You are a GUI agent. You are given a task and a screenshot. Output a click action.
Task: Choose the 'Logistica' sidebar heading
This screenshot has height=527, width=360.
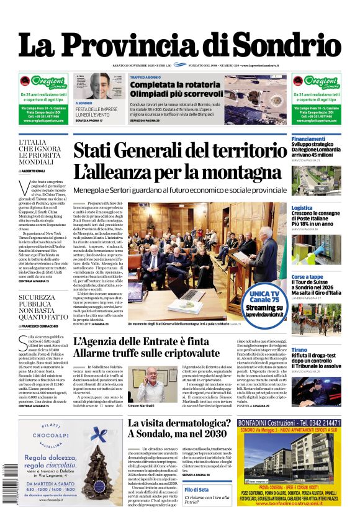click(x=302, y=208)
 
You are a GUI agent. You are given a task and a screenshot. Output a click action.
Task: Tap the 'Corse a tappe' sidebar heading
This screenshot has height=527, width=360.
click(x=307, y=277)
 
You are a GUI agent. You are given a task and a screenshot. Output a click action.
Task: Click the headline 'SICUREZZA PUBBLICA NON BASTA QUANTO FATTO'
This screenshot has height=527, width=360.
click(x=42, y=307)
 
